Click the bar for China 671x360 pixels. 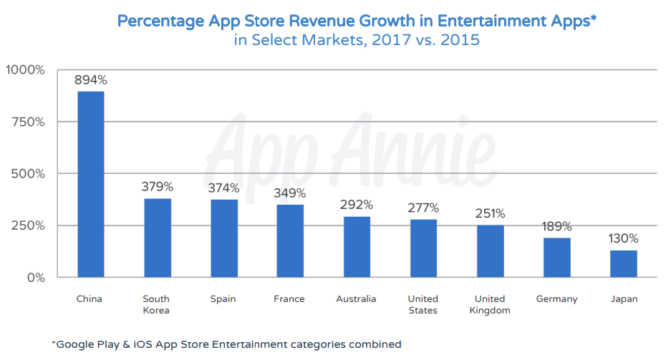(x=91, y=184)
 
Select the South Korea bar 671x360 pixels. (x=158, y=238)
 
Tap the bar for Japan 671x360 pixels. (x=623, y=263)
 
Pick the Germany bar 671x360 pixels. (x=556, y=257)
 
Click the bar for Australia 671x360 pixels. (x=357, y=246)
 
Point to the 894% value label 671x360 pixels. (x=91, y=79)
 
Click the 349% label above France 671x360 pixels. (x=290, y=193)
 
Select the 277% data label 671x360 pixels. (x=423, y=208)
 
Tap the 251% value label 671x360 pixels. (x=490, y=213)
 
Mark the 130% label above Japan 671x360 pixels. (x=623, y=238)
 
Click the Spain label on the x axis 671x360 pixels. (x=223, y=299)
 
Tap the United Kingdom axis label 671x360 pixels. (x=490, y=304)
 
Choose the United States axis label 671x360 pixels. (x=423, y=304)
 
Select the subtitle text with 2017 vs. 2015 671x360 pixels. (x=356, y=41)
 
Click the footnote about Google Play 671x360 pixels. (x=226, y=344)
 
